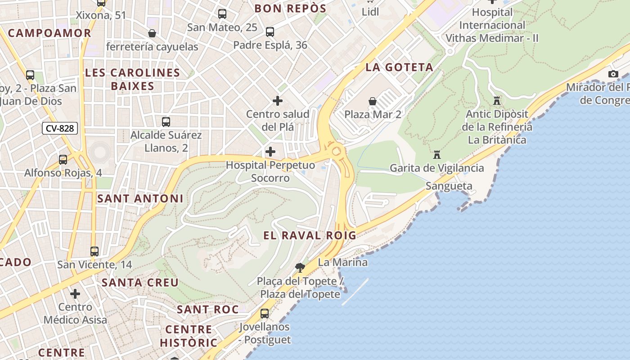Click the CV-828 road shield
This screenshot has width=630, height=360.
click(60, 128)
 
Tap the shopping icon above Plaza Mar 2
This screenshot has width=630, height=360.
click(373, 101)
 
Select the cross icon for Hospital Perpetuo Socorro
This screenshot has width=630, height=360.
click(270, 152)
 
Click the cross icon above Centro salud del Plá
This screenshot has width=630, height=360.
click(278, 100)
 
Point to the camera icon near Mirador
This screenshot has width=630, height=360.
click(613, 74)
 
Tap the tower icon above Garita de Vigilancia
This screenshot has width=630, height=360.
click(436, 155)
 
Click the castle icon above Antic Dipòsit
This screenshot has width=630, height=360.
click(497, 100)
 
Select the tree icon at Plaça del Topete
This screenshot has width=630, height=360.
click(300, 268)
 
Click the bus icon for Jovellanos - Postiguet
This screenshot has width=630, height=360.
click(265, 313)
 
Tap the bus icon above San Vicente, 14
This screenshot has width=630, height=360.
click(94, 251)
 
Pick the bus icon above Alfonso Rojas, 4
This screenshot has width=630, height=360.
click(63, 159)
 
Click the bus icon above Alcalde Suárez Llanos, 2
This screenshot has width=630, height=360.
click(166, 121)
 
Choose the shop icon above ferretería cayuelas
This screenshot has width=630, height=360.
click(152, 33)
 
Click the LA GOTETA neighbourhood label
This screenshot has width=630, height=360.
click(399, 67)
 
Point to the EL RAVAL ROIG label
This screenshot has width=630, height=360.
click(310, 235)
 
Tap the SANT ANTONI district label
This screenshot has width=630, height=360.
click(140, 198)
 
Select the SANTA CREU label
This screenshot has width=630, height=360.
click(140, 283)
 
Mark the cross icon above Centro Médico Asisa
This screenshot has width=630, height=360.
click(75, 294)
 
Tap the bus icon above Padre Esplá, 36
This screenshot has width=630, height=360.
click(270, 32)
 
